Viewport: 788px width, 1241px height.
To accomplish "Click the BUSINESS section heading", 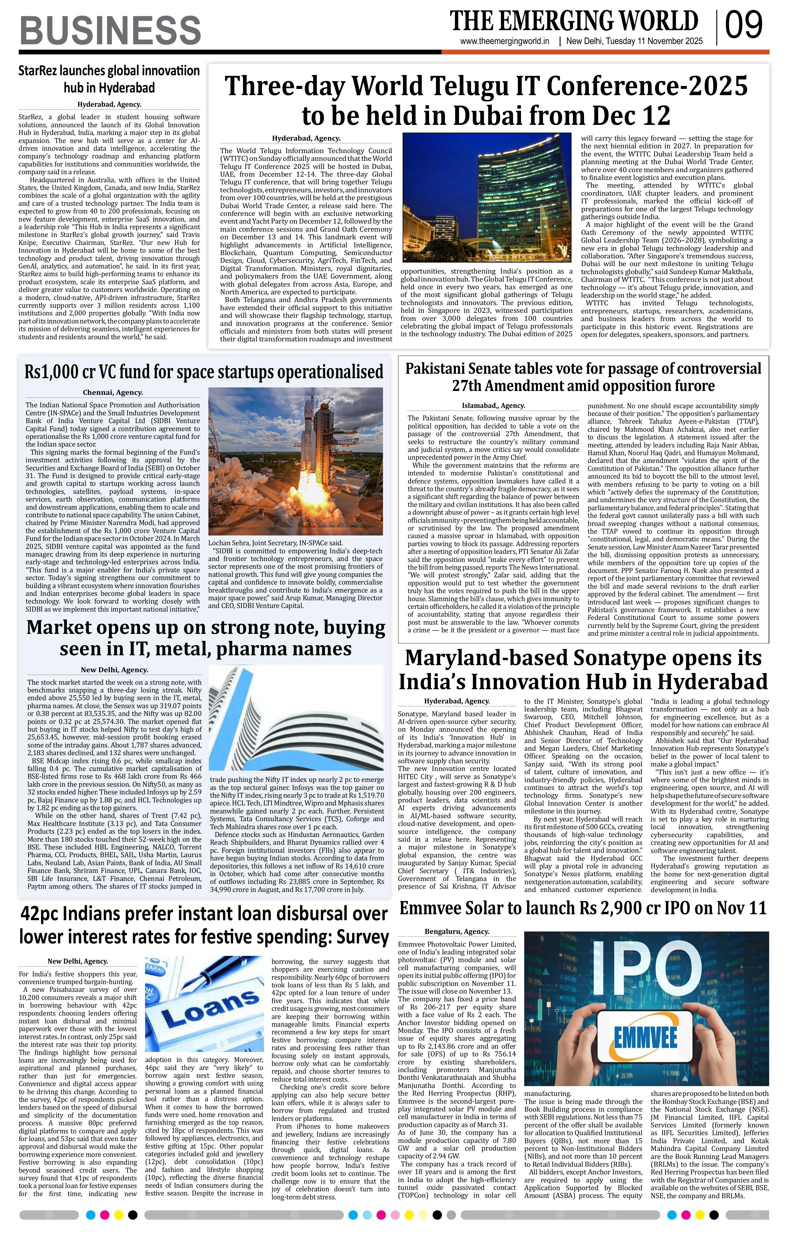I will (x=110, y=30).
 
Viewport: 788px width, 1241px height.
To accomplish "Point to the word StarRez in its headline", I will (x=39, y=70).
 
